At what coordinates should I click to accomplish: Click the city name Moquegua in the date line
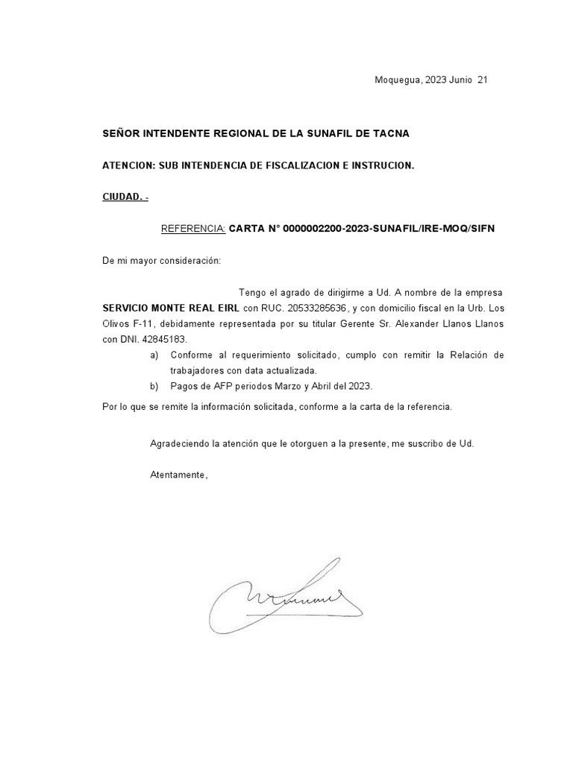coord(398,80)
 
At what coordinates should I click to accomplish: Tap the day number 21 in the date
coord(482,80)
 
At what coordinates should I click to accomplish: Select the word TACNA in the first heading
coord(388,133)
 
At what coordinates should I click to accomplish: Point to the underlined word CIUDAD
coord(122,197)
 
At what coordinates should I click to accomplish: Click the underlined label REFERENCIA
coord(193,229)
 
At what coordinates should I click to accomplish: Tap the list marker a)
coord(154,355)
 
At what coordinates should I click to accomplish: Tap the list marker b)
coord(154,386)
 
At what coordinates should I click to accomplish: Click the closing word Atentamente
coord(178,475)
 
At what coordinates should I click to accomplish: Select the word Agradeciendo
coord(179,443)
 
